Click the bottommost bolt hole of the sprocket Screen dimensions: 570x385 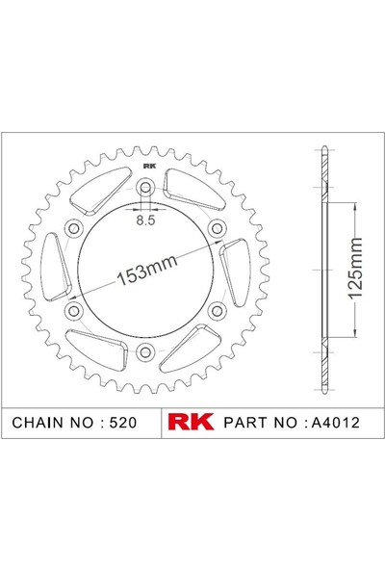pyautogui.click(x=146, y=350)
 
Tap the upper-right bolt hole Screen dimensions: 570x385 pyautogui.click(x=218, y=227)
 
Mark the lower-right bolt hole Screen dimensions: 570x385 pyautogui.click(x=218, y=309)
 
